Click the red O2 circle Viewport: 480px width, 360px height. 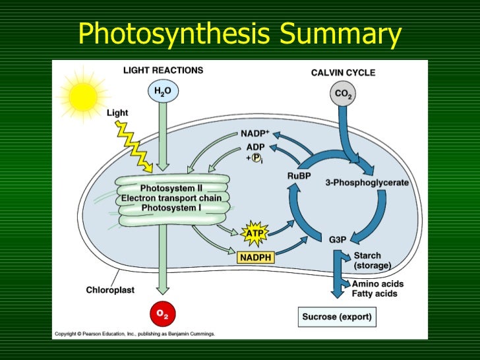[x=162, y=315]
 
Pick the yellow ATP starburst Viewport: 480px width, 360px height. [x=254, y=233]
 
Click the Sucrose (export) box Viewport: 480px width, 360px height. [x=336, y=317]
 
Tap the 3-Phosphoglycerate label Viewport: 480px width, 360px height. [x=367, y=183]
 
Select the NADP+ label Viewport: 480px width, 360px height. [x=254, y=133]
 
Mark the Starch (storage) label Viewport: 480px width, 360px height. [x=373, y=260]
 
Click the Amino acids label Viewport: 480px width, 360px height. [x=378, y=284]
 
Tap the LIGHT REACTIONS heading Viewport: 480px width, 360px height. [x=163, y=70]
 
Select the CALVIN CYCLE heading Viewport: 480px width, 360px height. [x=343, y=73]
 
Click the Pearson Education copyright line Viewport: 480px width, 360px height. [x=135, y=334]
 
